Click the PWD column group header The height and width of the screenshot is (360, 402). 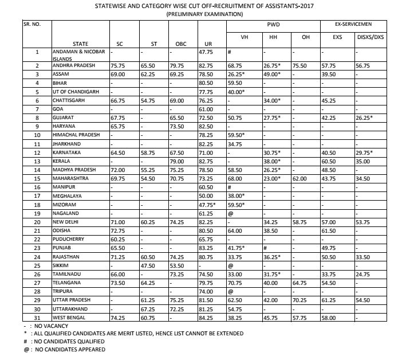click(273, 26)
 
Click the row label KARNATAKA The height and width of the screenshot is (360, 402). click(67, 154)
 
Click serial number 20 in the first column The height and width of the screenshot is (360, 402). click(37, 221)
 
